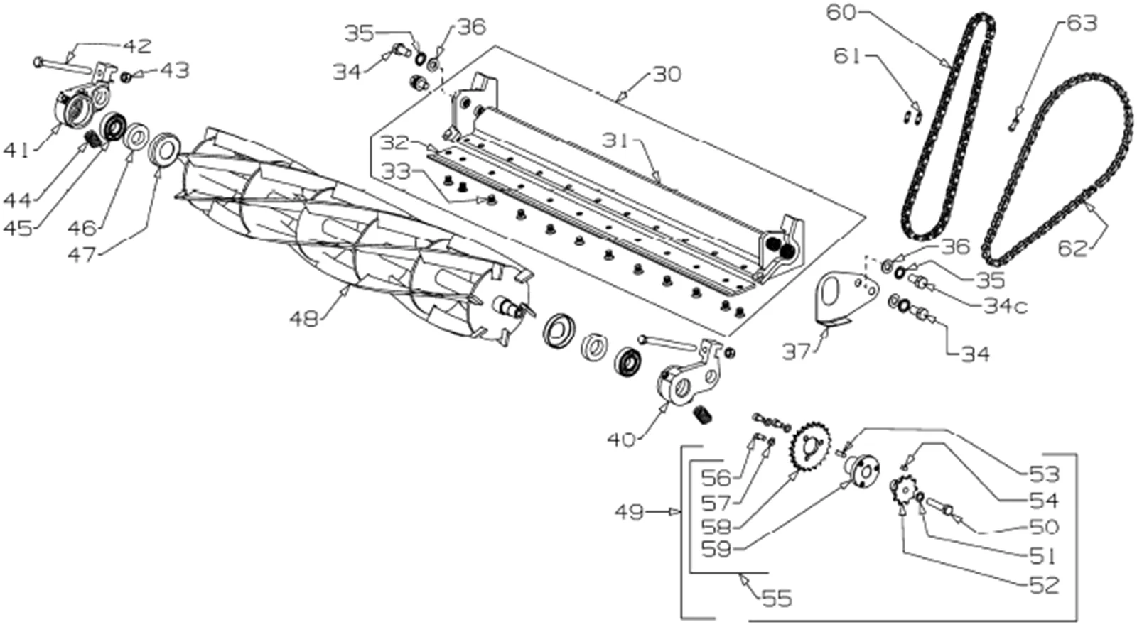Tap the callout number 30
(x=667, y=75)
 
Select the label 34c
(x=1006, y=306)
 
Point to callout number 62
(x=1072, y=249)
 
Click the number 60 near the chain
(x=841, y=12)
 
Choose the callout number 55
(x=777, y=599)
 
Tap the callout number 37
(x=796, y=351)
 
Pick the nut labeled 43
(x=126, y=77)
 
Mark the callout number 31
(x=617, y=142)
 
